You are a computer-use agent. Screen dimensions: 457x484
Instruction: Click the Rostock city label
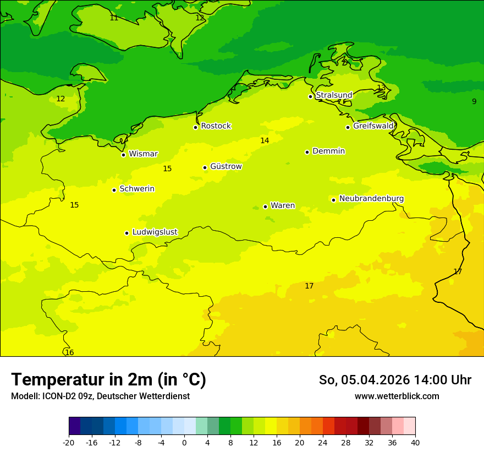click(216, 126)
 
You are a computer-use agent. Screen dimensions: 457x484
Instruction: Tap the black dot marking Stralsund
click(310, 96)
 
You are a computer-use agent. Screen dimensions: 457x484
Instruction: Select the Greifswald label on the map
click(373, 126)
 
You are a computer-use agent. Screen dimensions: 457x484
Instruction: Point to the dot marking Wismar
click(124, 155)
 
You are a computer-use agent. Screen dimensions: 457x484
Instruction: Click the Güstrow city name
click(226, 166)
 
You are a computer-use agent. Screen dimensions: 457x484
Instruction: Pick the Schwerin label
click(137, 189)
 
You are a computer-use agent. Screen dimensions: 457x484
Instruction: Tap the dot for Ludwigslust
click(127, 233)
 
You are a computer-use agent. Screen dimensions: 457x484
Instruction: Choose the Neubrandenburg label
click(371, 199)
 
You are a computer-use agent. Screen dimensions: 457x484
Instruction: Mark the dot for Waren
click(265, 206)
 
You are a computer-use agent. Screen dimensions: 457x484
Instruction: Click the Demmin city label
click(328, 151)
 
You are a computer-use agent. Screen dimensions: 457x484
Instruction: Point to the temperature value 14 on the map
click(265, 140)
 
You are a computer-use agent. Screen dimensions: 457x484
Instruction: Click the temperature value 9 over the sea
click(474, 101)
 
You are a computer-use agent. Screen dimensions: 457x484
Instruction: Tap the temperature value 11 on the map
click(114, 18)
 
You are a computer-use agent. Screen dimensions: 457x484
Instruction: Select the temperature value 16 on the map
click(69, 352)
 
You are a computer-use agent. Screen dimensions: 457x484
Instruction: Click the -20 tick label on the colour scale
click(69, 442)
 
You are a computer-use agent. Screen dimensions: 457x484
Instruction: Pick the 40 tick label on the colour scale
click(415, 442)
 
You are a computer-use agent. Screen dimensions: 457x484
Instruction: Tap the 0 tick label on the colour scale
click(184, 442)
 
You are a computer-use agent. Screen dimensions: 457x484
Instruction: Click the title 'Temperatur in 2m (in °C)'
click(108, 379)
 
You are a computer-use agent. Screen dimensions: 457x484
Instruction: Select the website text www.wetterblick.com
click(397, 396)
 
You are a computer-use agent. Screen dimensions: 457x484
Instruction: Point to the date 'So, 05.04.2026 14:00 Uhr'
click(395, 380)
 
